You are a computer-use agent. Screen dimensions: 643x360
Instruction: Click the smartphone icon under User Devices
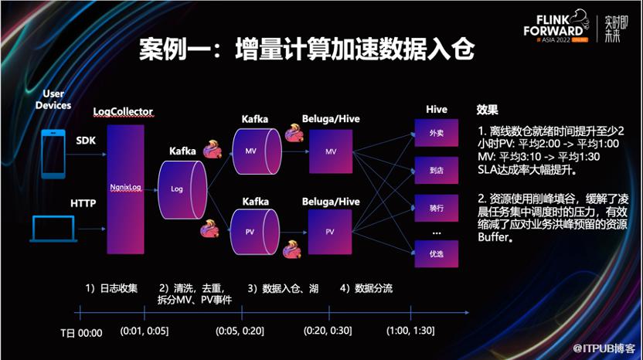point(53,155)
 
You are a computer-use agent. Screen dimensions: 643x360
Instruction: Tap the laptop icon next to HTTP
point(53,229)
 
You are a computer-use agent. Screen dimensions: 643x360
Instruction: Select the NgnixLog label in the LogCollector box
point(125,188)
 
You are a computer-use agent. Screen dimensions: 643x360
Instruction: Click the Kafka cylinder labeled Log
point(182,189)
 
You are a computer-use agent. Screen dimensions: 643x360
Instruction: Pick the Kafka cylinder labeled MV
point(257,151)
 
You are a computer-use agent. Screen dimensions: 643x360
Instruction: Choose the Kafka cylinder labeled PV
point(255,232)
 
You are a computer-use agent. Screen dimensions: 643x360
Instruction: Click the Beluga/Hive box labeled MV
point(331,151)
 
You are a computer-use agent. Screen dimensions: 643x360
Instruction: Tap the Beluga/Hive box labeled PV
point(330,232)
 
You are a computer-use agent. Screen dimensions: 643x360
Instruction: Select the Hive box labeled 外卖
point(437,133)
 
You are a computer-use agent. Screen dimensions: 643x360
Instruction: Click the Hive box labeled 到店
point(437,170)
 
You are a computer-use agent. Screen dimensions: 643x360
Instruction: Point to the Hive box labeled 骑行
point(437,208)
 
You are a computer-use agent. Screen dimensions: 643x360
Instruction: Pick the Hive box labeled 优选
point(437,254)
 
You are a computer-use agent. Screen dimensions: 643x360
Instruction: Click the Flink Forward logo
point(556,26)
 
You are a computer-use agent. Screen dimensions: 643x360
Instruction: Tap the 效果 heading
point(487,110)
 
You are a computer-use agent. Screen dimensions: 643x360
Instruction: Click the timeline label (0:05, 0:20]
point(240,331)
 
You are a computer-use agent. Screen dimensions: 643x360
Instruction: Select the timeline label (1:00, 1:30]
point(410,330)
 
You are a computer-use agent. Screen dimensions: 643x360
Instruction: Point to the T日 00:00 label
point(81,333)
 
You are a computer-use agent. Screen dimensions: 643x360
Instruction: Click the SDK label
point(86,141)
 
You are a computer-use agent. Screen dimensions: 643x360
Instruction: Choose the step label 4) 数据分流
point(366,288)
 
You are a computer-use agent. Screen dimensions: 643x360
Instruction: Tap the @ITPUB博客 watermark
point(604,348)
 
